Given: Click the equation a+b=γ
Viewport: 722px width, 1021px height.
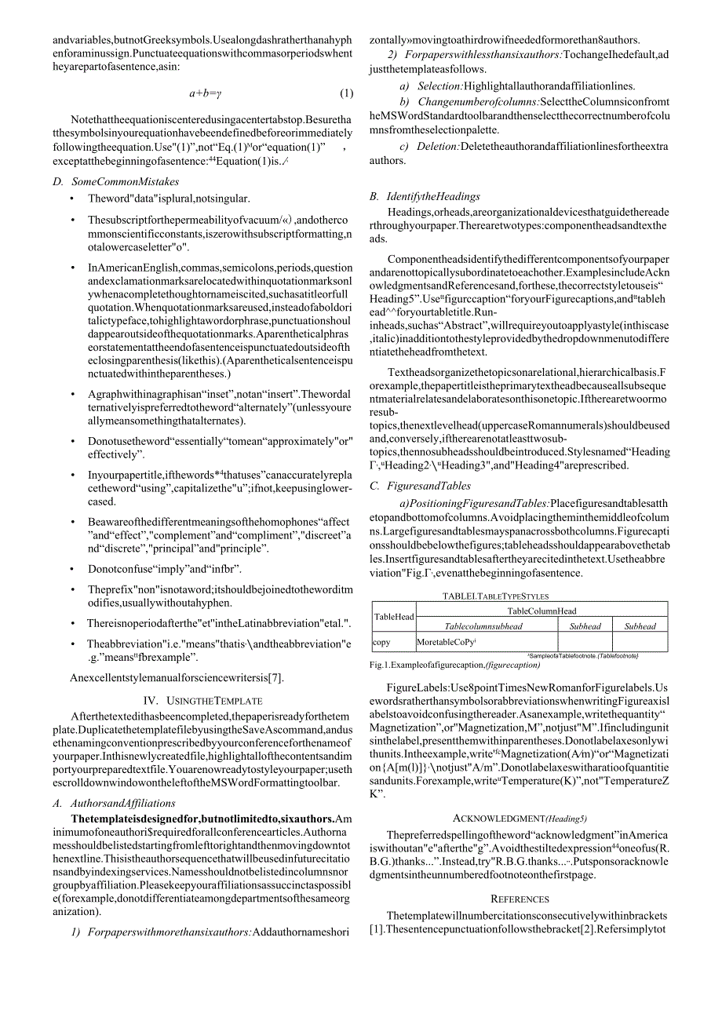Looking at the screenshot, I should [206, 93].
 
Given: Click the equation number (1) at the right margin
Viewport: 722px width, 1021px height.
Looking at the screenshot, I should [346, 93].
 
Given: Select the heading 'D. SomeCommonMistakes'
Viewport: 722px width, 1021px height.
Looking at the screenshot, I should [115, 181].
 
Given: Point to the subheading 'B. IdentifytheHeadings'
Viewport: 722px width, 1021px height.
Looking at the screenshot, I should [425, 196].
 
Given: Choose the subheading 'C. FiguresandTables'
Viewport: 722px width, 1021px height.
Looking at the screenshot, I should [417, 486].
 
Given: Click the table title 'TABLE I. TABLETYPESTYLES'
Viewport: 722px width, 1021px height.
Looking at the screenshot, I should [495, 596].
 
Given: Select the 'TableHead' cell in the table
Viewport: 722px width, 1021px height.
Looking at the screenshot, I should [393, 617].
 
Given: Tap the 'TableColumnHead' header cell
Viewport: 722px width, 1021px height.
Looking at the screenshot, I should [541, 611].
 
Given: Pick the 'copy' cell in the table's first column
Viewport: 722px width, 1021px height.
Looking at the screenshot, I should [381, 642].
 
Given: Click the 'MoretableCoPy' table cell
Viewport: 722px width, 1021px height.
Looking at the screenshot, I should [447, 642].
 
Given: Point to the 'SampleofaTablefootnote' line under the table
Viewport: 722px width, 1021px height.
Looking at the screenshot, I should [583, 655].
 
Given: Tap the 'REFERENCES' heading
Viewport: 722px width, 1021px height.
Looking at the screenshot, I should [520, 899].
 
